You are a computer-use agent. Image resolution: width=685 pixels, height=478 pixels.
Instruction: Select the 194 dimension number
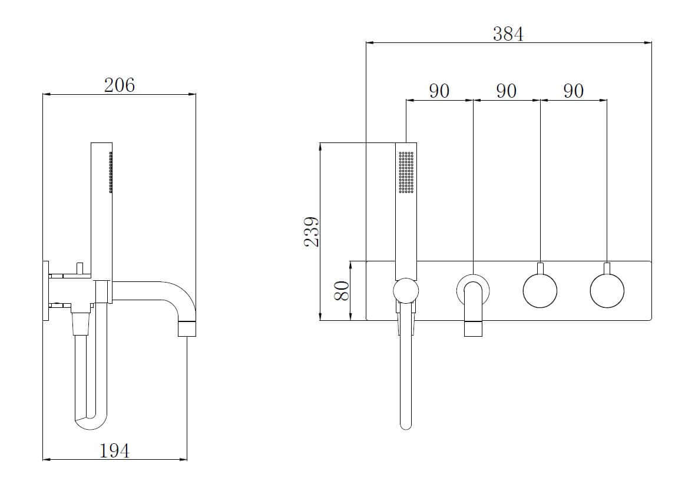click(114, 450)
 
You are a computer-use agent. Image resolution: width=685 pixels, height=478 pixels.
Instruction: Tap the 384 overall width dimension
click(508, 34)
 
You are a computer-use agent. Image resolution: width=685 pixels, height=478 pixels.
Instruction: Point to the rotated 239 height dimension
click(312, 231)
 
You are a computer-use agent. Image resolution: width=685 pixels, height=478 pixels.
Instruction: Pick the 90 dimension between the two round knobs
click(573, 91)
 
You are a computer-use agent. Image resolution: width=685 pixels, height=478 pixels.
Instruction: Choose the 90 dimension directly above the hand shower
click(439, 91)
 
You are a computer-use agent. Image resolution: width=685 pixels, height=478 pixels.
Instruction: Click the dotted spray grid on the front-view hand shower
click(406, 172)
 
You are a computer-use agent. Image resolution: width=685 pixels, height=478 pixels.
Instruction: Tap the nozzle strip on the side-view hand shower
click(110, 172)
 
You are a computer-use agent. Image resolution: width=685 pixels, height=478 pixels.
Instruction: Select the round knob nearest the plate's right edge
click(607, 291)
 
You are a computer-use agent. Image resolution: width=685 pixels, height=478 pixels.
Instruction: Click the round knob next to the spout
click(540, 291)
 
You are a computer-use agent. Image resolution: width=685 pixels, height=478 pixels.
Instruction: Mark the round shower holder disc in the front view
click(406, 291)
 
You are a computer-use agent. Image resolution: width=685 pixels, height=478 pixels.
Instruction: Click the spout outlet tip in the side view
click(187, 328)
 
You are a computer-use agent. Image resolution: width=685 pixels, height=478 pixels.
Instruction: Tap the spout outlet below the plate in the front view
click(473, 328)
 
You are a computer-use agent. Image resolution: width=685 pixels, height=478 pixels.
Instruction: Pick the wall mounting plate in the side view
click(45, 290)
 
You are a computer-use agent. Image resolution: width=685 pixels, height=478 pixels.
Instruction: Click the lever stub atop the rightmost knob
click(607, 268)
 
